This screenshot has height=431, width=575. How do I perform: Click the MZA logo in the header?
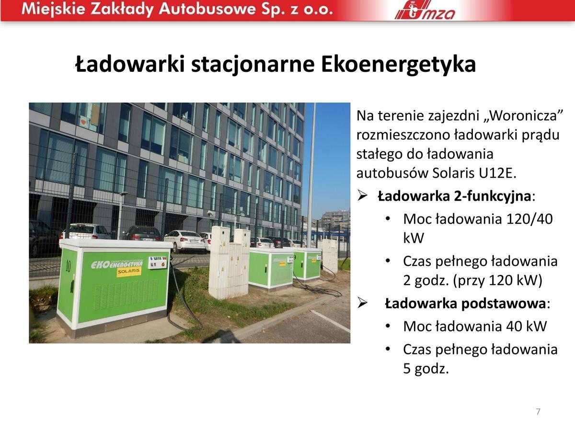[x=425, y=11]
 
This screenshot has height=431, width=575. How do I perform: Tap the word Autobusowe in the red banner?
[x=207, y=9]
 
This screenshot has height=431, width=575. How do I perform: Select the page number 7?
[x=538, y=412]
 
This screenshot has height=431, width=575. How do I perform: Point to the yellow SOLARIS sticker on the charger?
[x=129, y=272]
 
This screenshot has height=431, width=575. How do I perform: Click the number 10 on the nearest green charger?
[x=68, y=266]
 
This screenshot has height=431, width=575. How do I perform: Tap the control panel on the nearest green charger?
[x=158, y=262]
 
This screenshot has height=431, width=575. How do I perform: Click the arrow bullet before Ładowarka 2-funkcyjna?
[x=362, y=196]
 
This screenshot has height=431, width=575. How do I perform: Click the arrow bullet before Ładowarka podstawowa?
[x=362, y=304]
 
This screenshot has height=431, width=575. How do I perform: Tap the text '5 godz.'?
[x=426, y=368]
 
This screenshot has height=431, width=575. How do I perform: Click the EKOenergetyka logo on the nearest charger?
[x=117, y=264]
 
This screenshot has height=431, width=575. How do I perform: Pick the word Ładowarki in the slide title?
[x=130, y=64]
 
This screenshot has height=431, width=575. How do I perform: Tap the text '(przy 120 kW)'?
[x=497, y=281]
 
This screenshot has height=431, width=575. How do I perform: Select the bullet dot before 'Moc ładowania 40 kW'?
[x=388, y=326]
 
